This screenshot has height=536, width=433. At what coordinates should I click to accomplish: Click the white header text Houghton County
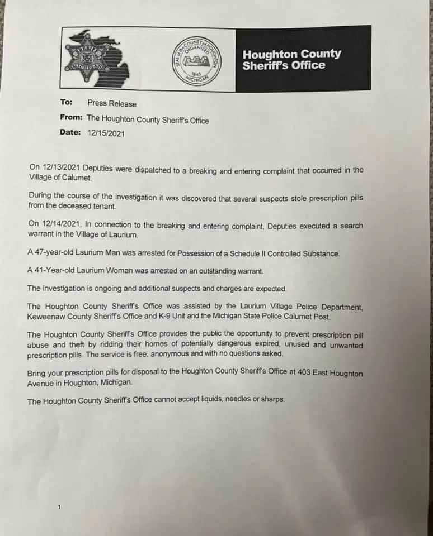(x=291, y=54)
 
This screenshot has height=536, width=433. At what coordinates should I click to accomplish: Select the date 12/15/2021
(x=106, y=133)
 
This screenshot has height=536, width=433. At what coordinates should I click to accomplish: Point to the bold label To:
(x=67, y=103)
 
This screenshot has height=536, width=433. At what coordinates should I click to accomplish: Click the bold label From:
(x=72, y=118)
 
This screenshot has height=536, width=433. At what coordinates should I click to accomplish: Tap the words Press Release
(x=112, y=103)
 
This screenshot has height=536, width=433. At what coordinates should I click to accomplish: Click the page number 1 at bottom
(x=59, y=506)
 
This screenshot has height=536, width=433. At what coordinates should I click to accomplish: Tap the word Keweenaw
(x=50, y=316)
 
